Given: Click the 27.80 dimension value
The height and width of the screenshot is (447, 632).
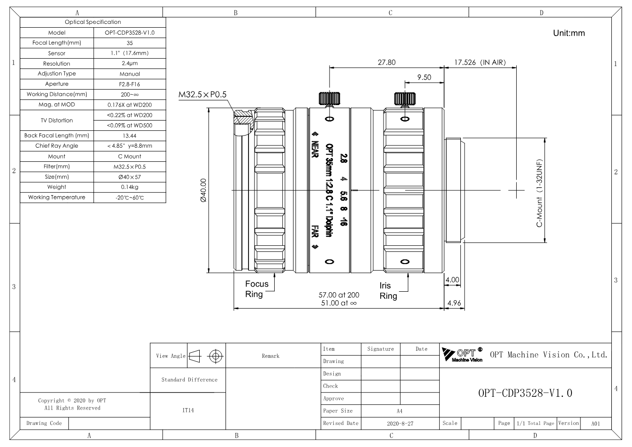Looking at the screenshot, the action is (386, 62).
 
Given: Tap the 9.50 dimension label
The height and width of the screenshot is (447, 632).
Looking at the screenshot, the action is (424, 77).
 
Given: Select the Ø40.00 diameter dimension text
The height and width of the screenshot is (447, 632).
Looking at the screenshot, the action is (203, 190).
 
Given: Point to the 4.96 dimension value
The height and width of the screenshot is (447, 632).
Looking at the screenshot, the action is (454, 303).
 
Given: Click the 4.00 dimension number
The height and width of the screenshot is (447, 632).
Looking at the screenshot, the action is (452, 280).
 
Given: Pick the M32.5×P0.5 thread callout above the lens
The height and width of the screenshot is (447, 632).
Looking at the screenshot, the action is (202, 95).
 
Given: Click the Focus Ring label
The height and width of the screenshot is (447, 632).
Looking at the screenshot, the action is (257, 289).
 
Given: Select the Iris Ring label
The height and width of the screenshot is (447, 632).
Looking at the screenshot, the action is (388, 291).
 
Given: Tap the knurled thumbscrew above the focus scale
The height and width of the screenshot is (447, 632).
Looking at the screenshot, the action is (329, 99).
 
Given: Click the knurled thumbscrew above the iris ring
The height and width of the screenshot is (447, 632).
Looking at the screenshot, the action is (405, 99).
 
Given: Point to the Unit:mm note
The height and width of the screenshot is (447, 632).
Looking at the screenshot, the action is (569, 33).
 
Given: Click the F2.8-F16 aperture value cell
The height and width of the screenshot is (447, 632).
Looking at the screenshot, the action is (129, 84).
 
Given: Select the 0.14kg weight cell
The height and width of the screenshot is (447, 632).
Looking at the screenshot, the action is (129, 187).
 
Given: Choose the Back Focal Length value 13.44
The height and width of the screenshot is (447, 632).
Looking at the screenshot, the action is (129, 136).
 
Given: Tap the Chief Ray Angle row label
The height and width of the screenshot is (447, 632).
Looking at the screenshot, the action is (57, 146).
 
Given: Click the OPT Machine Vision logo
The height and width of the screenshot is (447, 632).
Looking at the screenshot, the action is (462, 355).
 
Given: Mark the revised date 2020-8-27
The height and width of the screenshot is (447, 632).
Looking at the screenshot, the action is (400, 423).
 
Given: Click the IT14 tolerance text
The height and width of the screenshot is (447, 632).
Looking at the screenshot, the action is (188, 410).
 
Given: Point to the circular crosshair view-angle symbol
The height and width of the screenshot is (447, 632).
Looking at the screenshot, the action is (216, 356).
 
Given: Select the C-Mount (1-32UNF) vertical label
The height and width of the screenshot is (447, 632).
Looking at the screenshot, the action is (539, 193).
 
